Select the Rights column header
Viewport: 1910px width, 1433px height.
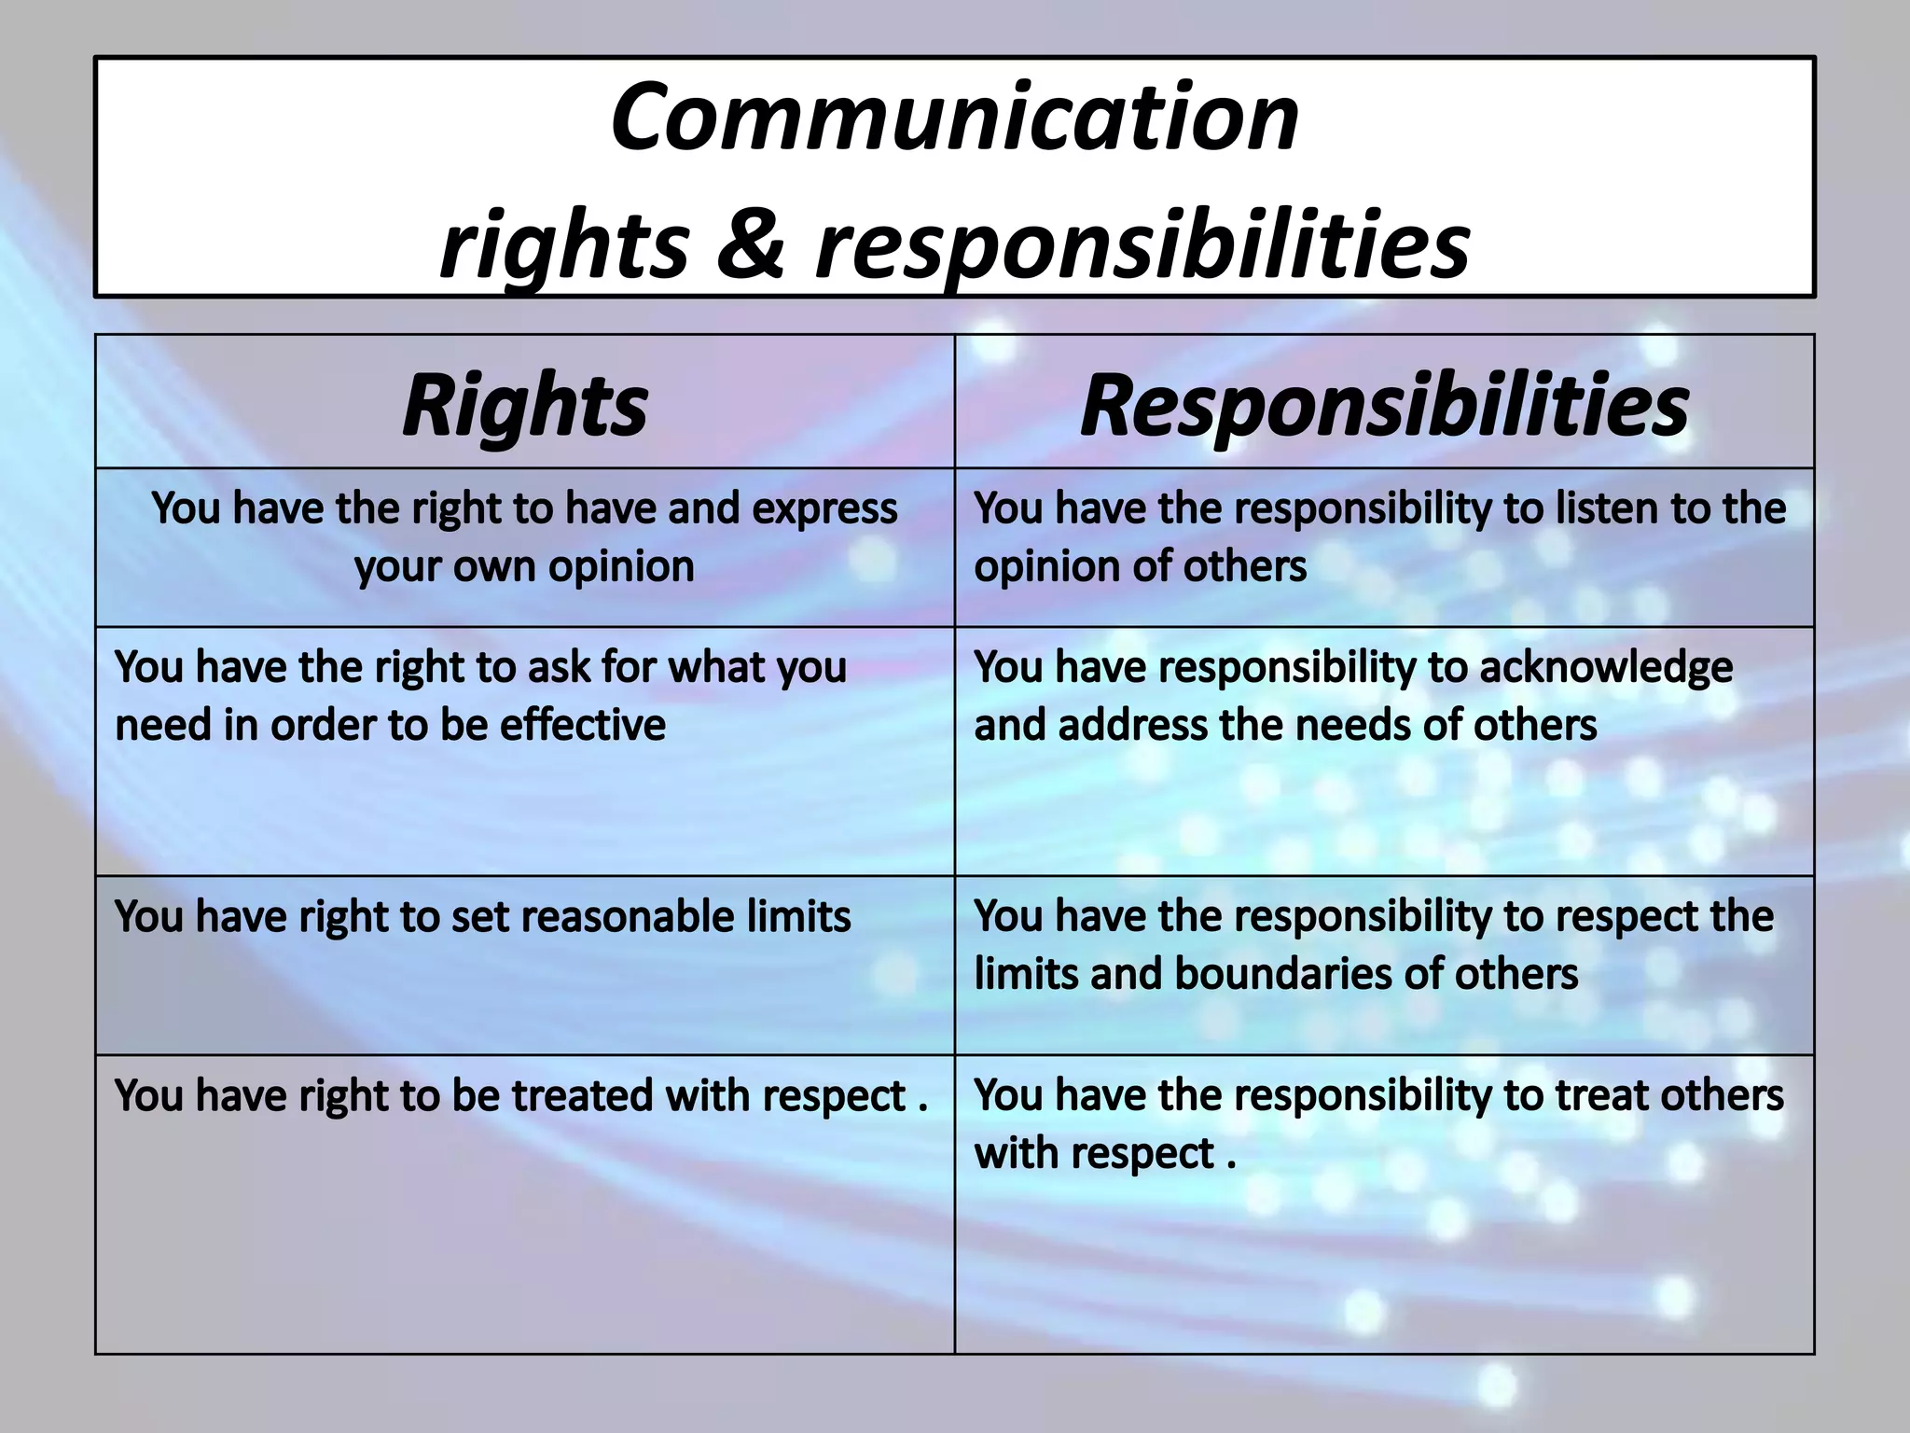point(525,405)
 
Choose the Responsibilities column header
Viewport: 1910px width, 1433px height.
point(1384,405)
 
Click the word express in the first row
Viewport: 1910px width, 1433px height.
point(824,508)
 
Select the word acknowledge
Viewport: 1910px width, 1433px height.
point(1606,667)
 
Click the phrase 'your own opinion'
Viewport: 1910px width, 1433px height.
point(524,566)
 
